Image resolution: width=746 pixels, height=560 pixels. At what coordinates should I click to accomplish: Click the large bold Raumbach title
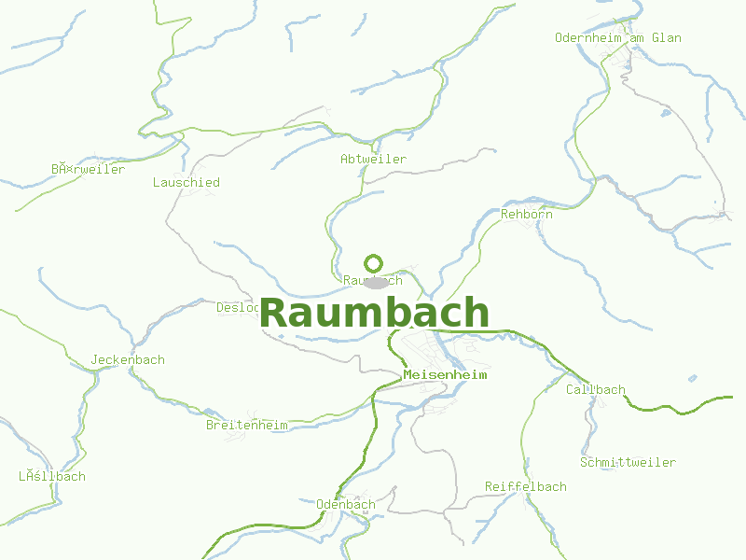point(375,313)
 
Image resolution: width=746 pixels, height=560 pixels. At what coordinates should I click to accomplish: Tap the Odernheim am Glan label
point(617,38)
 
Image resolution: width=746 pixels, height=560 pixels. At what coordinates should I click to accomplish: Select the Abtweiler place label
point(373,160)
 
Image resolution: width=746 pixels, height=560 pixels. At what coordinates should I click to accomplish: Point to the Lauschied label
point(186,183)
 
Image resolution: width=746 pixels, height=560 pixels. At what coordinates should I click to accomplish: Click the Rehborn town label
point(527,215)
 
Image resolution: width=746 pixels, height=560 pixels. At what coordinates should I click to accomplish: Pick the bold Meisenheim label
point(446,375)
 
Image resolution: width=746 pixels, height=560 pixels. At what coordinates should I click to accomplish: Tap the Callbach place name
point(596,390)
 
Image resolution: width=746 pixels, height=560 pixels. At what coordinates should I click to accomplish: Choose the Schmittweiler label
point(628,463)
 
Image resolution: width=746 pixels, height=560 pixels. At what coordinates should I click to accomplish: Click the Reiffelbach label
point(526,487)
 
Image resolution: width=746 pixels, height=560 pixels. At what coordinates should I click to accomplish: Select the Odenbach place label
point(346,505)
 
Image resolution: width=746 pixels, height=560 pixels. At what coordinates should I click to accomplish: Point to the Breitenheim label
point(246,426)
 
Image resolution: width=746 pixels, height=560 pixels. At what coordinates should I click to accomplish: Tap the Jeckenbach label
point(128,360)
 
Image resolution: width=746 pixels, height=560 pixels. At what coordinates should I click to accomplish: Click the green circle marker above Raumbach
point(374,263)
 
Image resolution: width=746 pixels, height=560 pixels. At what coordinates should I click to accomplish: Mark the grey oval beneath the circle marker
point(376,283)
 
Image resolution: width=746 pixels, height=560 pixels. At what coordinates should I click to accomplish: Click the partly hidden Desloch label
point(237,307)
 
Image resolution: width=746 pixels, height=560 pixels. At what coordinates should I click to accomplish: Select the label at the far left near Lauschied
point(88,170)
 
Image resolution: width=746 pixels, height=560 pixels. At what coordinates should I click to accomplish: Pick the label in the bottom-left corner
point(52,477)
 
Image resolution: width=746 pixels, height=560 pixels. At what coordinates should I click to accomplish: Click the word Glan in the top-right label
point(668,38)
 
